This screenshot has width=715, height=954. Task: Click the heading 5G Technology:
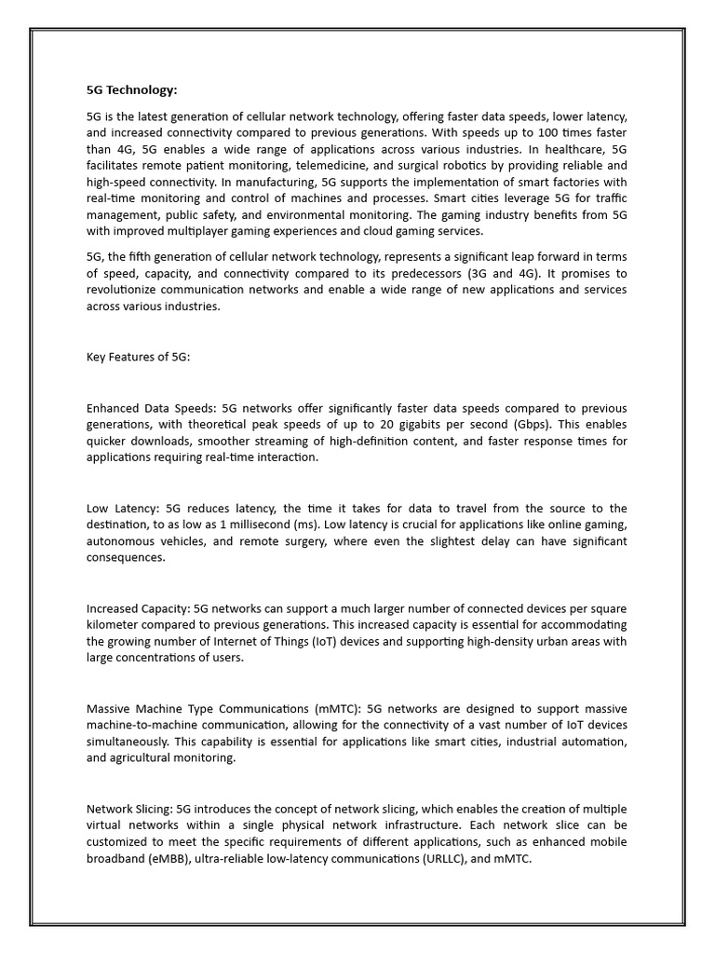130,90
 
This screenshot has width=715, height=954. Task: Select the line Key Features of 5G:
138,357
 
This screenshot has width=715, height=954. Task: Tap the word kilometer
115,624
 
